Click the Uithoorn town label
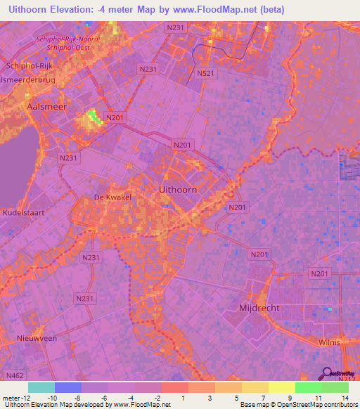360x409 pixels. [174, 190]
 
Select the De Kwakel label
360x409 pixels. [112, 197]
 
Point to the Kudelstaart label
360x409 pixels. [23, 212]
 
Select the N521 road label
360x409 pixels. [205, 73]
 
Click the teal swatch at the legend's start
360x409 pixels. [41, 387]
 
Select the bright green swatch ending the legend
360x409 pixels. [335, 387]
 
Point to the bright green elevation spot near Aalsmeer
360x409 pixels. [92, 116]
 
